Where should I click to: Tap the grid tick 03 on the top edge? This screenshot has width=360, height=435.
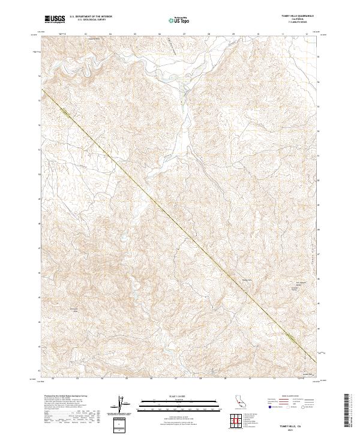click(x=86, y=34)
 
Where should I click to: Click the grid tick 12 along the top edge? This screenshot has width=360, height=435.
click(x=307, y=34)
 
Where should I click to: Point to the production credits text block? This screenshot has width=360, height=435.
click(x=66, y=411)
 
